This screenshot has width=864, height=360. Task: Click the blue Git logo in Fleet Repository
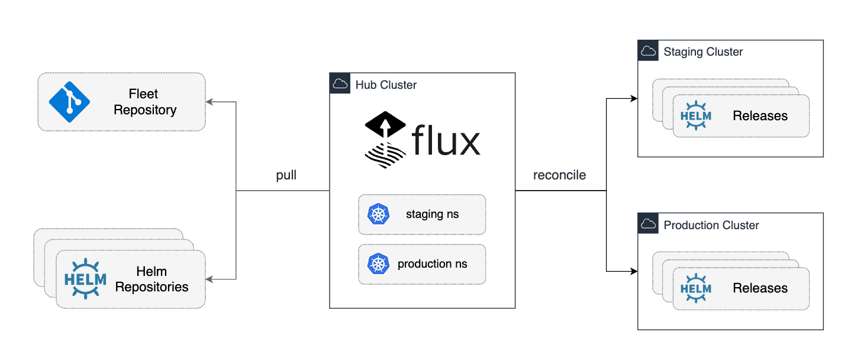pyautogui.click(x=69, y=102)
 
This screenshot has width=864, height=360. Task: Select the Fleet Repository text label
pyautogui.click(x=145, y=102)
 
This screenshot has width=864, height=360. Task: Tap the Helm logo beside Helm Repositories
pyautogui.click(x=85, y=278)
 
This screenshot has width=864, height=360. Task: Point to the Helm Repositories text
pyautogui.click(x=151, y=279)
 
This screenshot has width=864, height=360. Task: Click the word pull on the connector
pyautogui.click(x=286, y=175)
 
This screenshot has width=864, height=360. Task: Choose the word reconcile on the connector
pyautogui.click(x=559, y=175)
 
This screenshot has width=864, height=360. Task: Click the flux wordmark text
pyautogui.click(x=446, y=140)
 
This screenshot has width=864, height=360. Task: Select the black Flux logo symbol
pyautogui.click(x=385, y=140)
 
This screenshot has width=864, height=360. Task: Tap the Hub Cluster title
pyautogui.click(x=386, y=85)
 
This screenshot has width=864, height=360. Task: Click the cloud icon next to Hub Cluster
pyautogui.click(x=340, y=83)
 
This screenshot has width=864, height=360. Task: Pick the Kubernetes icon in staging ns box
pyautogui.click(x=378, y=214)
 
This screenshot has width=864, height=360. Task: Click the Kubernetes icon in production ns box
pyautogui.click(x=378, y=264)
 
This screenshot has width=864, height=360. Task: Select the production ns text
pyautogui.click(x=433, y=264)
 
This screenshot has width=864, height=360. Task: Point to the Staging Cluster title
pyautogui.click(x=703, y=52)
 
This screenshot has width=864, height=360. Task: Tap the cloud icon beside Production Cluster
pyautogui.click(x=648, y=223)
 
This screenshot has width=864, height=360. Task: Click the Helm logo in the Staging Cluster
pyautogui.click(x=696, y=115)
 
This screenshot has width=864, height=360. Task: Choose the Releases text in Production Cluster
pyautogui.click(x=760, y=288)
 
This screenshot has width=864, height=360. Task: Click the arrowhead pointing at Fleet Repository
pyautogui.click(x=209, y=102)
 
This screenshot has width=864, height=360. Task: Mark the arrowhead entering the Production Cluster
pyautogui.click(x=634, y=271)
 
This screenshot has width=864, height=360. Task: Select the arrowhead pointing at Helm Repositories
pyautogui.click(x=209, y=279)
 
